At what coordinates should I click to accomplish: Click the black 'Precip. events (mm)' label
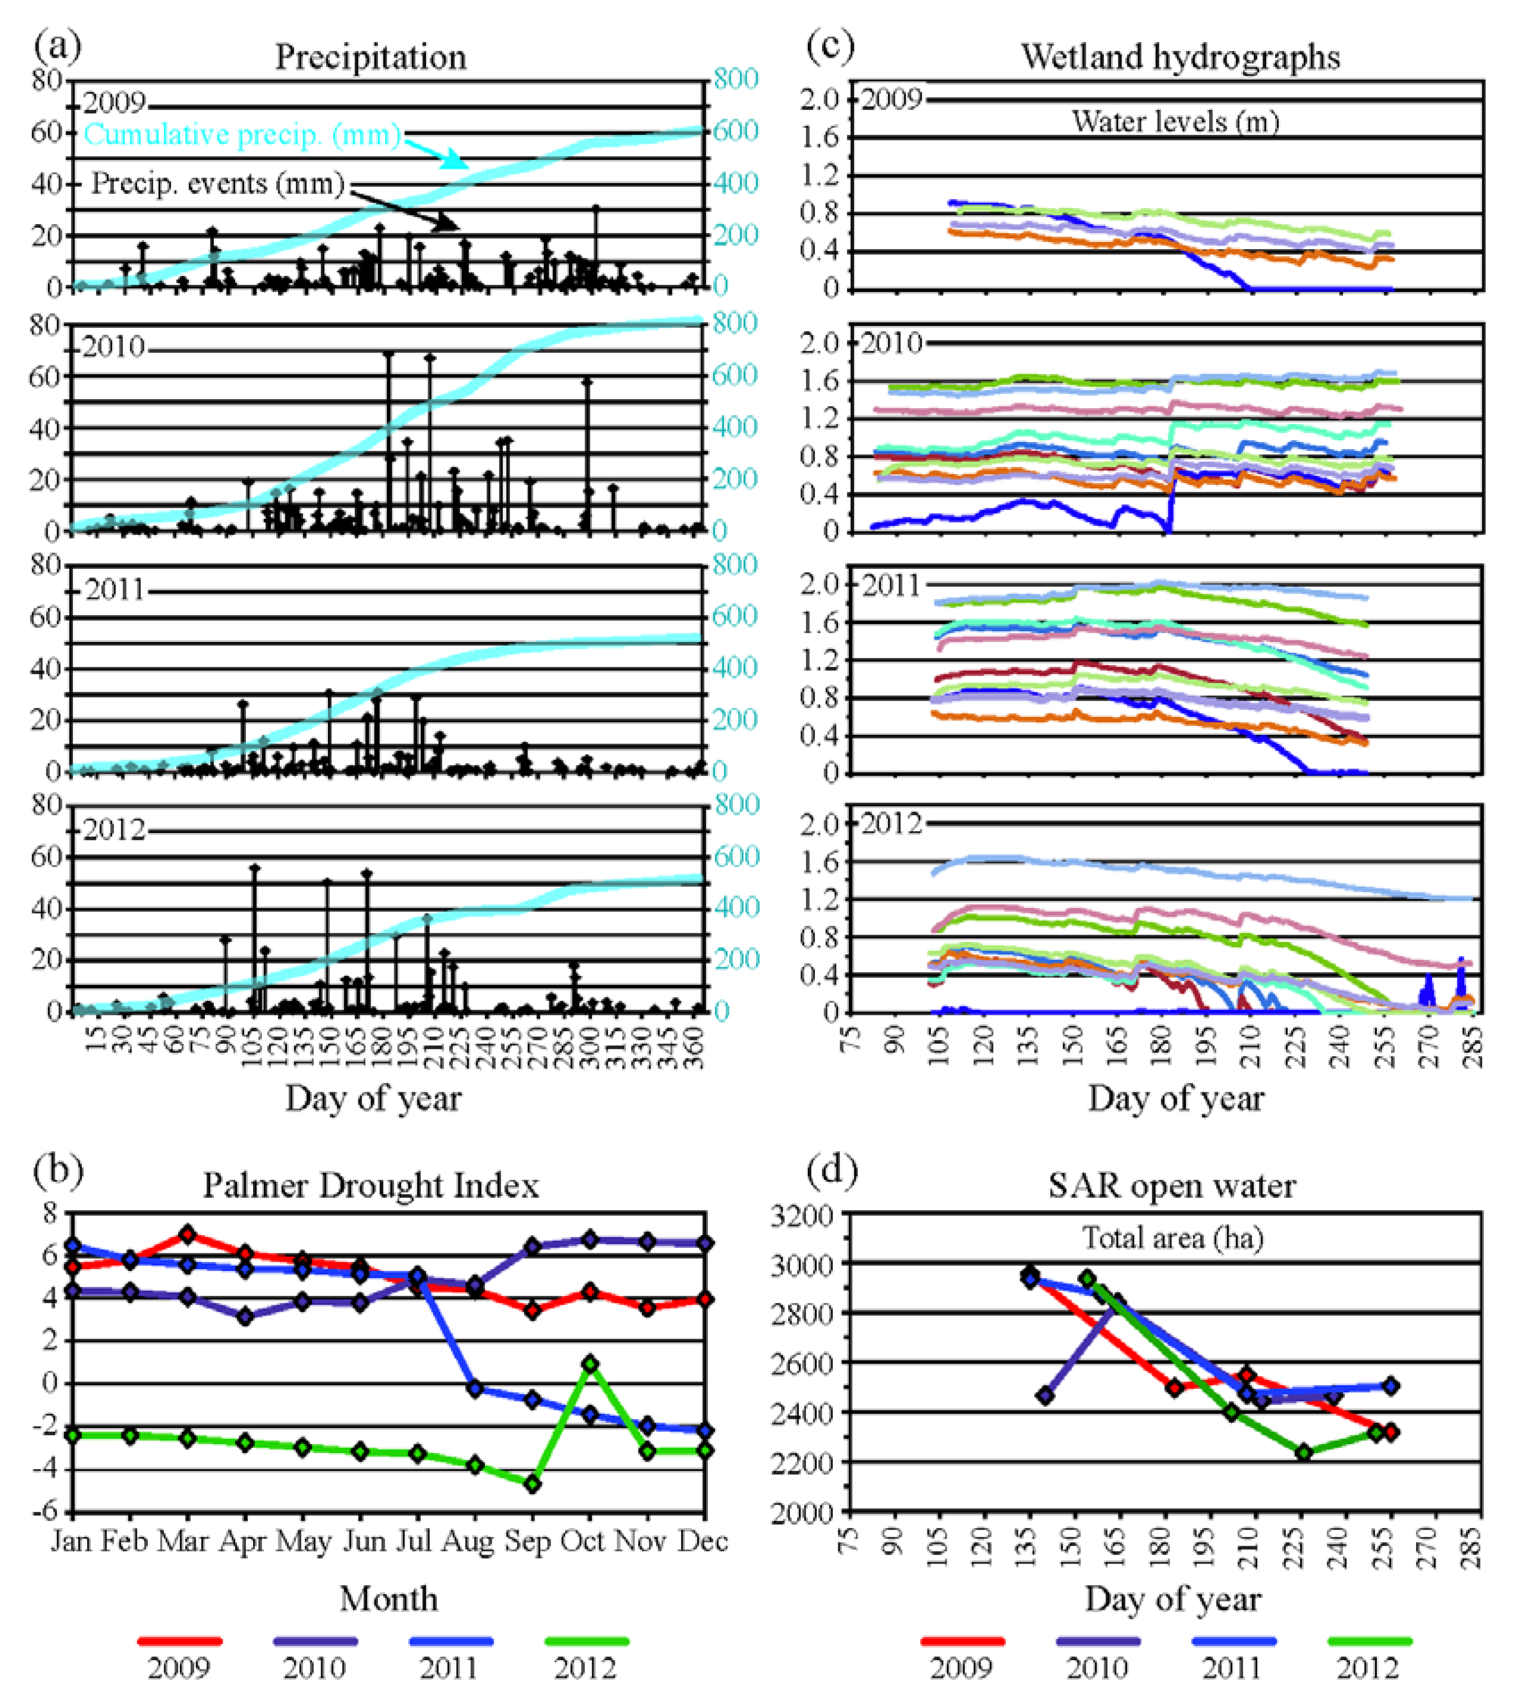pos(217,183)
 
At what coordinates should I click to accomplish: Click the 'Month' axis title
pos(388,1599)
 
